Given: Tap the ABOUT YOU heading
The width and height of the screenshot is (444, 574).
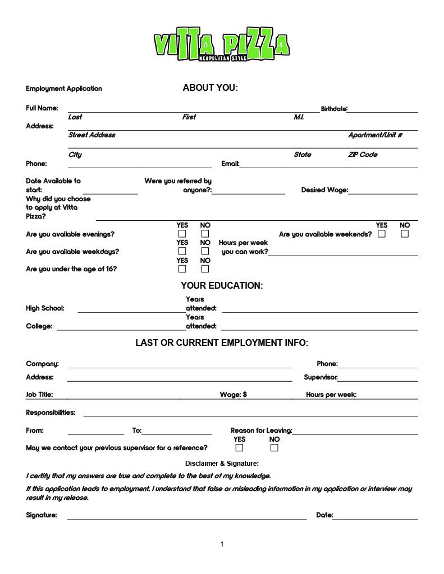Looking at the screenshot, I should (210, 87).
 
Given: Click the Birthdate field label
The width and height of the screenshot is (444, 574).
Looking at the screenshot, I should (334, 108).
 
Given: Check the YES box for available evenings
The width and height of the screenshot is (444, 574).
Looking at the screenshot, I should (182, 234).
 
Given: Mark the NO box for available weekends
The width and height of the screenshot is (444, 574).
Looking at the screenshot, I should (405, 234).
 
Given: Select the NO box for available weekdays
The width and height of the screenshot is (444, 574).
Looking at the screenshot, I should (205, 252).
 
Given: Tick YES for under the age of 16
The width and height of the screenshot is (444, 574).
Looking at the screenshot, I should (182, 269).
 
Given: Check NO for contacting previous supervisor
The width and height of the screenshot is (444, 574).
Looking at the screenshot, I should (274, 448).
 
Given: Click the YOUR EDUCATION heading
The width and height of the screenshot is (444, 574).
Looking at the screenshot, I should (222, 286).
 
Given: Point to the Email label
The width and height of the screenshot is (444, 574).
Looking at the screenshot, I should (230, 164).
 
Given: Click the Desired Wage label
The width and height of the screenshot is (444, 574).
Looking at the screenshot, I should (324, 190).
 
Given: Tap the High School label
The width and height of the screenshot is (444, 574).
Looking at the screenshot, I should (45, 308).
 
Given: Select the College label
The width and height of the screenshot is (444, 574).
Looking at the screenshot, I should (39, 326).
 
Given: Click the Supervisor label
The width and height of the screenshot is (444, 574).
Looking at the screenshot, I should (321, 377).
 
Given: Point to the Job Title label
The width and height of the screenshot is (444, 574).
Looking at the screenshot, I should (39, 395).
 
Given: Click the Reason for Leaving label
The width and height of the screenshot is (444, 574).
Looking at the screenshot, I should (261, 430).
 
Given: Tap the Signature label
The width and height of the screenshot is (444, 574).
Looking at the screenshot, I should (42, 515).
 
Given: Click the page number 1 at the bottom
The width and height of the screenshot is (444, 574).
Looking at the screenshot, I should (222, 544).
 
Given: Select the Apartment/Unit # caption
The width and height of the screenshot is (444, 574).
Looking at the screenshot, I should (375, 135).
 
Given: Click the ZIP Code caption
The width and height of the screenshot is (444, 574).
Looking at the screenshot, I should (363, 155).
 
